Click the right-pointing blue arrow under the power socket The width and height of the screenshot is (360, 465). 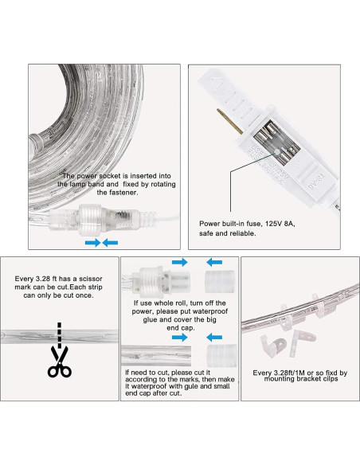(x=92, y=241)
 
